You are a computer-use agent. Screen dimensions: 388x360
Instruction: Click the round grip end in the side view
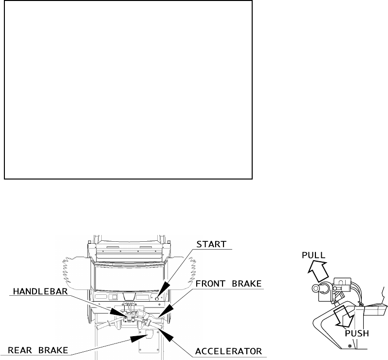point(316,288)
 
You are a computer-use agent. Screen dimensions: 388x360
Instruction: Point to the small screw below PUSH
point(350,346)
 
